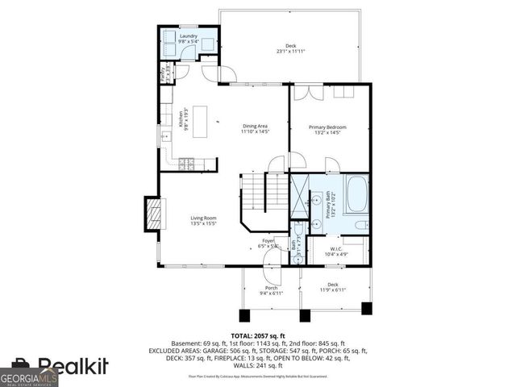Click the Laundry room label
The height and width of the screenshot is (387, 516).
point(189,36)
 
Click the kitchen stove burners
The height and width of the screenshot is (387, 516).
point(188,164)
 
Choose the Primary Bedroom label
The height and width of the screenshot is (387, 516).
point(331,127)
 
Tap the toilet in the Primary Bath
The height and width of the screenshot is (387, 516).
point(360,225)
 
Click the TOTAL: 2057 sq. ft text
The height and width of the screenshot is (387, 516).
point(258,335)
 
